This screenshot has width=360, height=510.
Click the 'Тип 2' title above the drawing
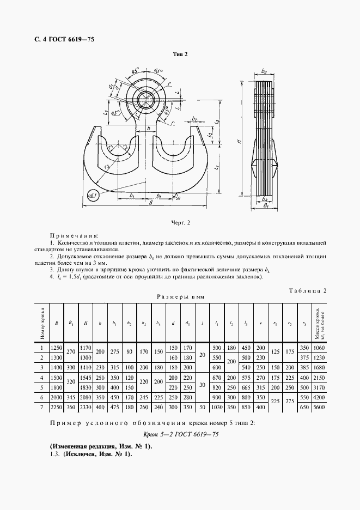[180, 54]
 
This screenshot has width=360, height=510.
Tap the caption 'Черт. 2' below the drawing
[180, 222]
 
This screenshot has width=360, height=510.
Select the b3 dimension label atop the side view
[264, 71]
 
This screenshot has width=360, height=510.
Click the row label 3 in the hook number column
[41, 367]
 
